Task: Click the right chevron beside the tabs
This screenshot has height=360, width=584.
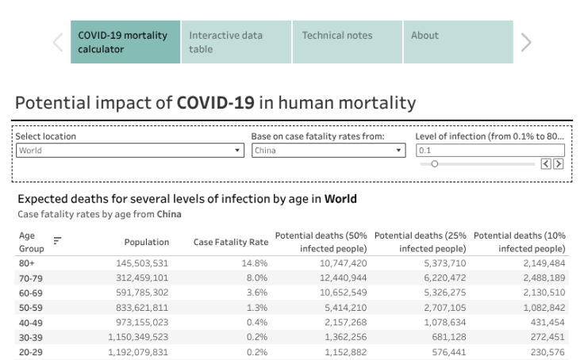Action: point(526,43)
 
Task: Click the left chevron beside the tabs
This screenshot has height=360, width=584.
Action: point(58,43)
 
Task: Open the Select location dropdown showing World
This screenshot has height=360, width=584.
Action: point(130,151)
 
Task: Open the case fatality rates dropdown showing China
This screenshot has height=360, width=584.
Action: point(328,151)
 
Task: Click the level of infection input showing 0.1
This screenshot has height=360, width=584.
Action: point(490,151)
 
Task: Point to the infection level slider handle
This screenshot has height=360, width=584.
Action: point(435,164)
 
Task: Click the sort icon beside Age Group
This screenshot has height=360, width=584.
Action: point(57,241)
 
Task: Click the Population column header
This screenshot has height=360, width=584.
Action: point(146,242)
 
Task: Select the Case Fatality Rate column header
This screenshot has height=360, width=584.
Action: point(230,242)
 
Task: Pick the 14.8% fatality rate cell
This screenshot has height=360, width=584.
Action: point(256,262)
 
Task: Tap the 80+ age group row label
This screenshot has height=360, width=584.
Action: point(27,262)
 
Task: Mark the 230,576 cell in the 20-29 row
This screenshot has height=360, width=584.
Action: point(544,351)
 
